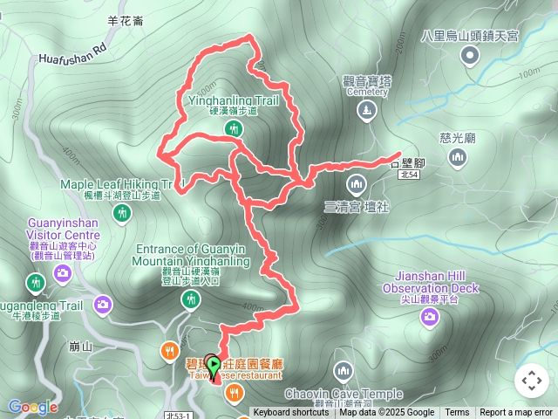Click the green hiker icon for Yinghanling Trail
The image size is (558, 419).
coord(233,129)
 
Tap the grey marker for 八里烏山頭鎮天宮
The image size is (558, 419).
coord(470,56)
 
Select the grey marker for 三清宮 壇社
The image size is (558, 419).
coord(355,184)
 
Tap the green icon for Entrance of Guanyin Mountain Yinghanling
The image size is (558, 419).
coord(190,300)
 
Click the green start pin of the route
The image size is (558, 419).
coord(212,367)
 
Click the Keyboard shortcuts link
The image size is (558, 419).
coord(291,413)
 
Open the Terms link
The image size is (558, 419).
coord(457,413)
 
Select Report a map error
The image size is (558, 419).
coord(516,413)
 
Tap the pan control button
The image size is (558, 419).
coord(532,381)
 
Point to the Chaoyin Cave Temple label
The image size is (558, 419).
coord(343,394)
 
